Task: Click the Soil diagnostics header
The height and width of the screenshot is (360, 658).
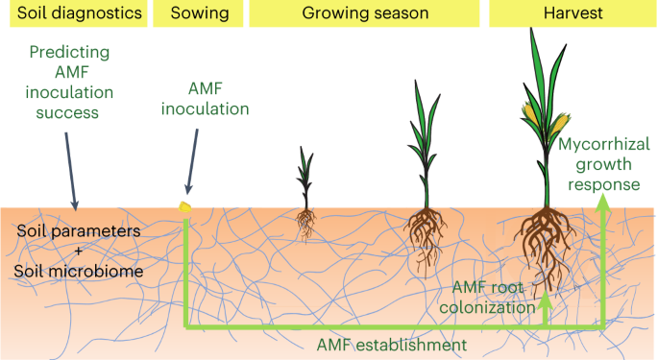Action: coord(73,13)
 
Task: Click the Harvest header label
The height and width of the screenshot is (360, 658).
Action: coord(570,13)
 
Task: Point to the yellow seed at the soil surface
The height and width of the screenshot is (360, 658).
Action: coord(186,205)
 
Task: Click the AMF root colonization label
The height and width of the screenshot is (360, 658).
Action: coord(494,298)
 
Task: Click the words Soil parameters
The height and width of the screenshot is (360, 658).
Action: coord(78,233)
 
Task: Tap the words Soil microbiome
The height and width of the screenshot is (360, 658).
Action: coord(78,272)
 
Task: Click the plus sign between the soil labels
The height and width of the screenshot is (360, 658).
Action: coord(78,252)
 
